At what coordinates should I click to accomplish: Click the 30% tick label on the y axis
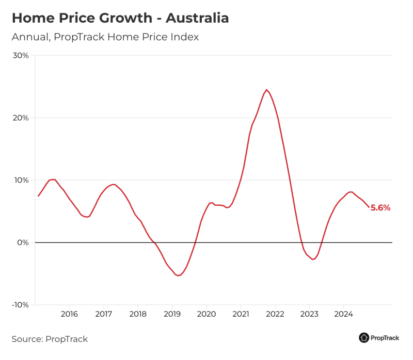click(20, 55)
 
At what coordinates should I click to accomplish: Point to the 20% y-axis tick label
click(20, 118)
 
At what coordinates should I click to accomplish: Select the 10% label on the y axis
click(20, 180)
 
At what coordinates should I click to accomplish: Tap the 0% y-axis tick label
click(22, 242)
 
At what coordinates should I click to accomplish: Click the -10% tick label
click(19, 305)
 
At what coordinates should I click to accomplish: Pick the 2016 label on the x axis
click(69, 314)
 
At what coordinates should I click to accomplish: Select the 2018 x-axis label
click(138, 314)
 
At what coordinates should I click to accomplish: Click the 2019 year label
click(172, 314)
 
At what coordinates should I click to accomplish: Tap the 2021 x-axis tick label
click(241, 314)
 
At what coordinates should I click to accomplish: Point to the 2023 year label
click(309, 314)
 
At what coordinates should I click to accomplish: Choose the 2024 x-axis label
click(343, 314)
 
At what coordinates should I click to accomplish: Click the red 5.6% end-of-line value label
click(380, 208)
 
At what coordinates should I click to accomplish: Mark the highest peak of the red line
click(266, 90)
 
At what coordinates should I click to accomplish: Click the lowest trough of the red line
click(178, 275)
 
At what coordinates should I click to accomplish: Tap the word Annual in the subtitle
click(29, 37)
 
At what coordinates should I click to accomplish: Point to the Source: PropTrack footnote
click(50, 339)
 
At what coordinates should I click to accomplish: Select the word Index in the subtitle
click(186, 37)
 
